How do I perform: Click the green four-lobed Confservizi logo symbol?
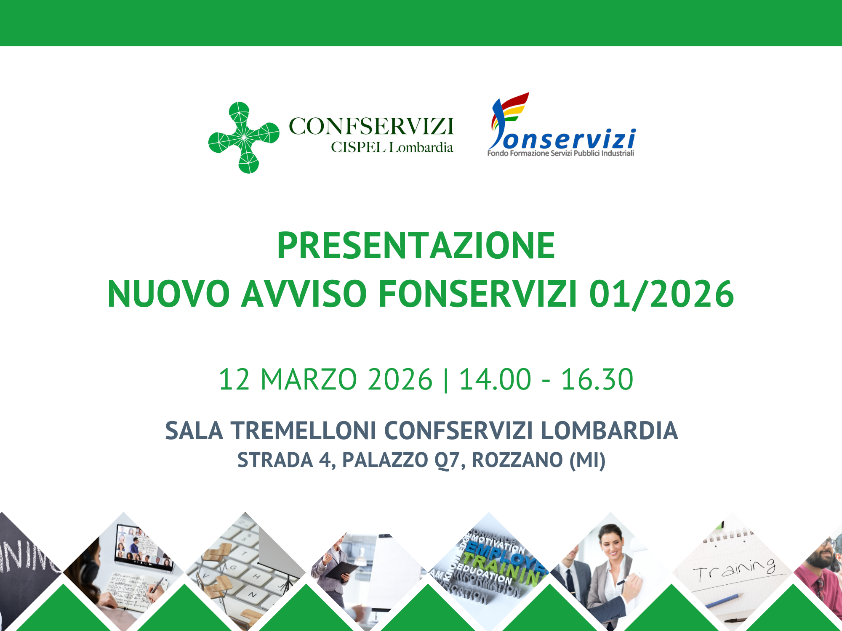coord(244,138)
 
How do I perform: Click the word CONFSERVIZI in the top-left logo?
coord(371,126)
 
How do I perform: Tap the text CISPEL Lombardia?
coord(392,148)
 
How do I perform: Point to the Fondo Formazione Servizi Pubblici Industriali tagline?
coord(560,154)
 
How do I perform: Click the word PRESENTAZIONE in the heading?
coord(416,246)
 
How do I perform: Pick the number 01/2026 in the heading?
coord(661,294)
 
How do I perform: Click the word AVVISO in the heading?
coord(304,294)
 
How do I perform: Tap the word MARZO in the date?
coord(309,379)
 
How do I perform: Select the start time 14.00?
coord(495,379)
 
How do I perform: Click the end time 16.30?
coord(597,379)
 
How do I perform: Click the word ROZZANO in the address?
coord(517,460)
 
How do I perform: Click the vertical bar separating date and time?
coord(446,379)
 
